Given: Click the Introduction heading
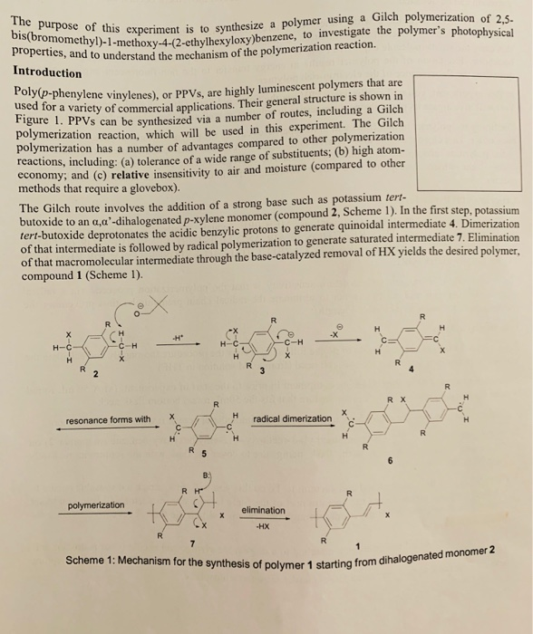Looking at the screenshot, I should pyautogui.click(x=47, y=72).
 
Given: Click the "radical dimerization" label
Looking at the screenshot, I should pyautogui.click(x=293, y=419).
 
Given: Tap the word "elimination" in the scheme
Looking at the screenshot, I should pyautogui.click(x=262, y=510).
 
